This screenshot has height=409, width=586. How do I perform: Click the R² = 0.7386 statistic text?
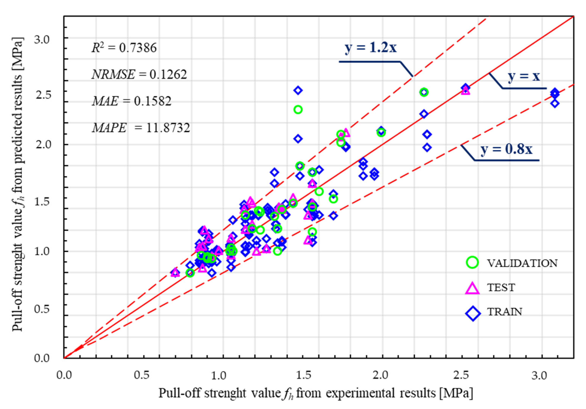click(x=124, y=48)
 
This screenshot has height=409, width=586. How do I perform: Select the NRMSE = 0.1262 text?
click(x=139, y=74)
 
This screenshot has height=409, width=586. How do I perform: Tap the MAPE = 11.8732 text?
click(x=141, y=128)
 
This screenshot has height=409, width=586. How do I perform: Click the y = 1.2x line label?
click(x=371, y=48)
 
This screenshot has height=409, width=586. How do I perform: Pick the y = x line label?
click(x=524, y=76)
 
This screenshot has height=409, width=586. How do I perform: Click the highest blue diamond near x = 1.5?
click(x=298, y=90)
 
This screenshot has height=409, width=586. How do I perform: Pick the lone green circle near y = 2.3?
click(x=298, y=110)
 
